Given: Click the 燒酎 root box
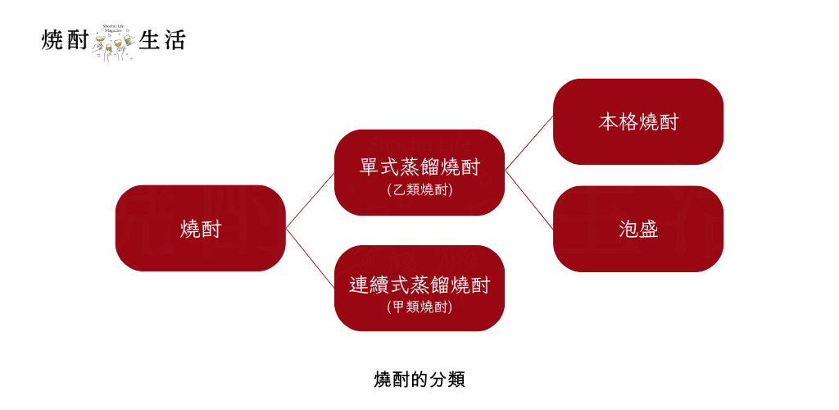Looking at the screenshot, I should point(200,228).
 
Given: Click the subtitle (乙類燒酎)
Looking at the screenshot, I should point(419,189).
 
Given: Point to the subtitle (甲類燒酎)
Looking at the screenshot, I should point(419,307).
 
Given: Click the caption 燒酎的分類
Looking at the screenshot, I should point(419,380).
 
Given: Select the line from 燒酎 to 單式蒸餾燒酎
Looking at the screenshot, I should point(310,200).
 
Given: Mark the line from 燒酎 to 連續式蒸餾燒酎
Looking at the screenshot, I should point(310,257).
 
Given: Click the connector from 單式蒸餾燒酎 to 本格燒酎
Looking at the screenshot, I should point(529,143).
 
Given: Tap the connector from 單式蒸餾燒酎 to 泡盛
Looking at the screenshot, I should point(529,199).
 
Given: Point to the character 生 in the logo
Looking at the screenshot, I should point(149,39).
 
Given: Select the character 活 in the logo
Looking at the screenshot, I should point(175,39).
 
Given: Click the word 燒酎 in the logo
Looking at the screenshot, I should point(65,39).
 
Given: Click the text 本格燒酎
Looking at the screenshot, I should point(638,122).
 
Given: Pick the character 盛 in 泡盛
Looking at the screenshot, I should point(649,229).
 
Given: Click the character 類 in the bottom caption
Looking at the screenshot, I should point(456,380).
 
